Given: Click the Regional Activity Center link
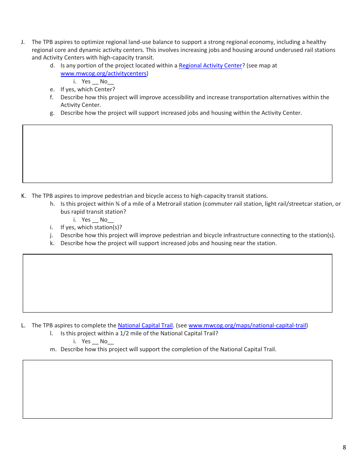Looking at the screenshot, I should click(210, 66).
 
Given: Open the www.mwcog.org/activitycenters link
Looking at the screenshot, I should click(103, 73).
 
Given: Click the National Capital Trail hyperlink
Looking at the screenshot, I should click(145, 325).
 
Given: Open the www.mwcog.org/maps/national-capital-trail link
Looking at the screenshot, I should click(247, 325).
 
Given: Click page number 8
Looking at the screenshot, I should click(344, 447).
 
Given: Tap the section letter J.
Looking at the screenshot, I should click(23, 42).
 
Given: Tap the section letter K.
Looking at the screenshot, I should click(23, 196).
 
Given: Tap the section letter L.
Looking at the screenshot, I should click(23, 325).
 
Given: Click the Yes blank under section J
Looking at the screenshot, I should click(95, 82).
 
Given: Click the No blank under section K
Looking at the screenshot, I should click(111, 220).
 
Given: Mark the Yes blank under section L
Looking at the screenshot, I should click(95, 342).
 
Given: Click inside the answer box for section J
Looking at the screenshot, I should click(177, 154).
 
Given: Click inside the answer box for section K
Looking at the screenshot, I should click(177, 283).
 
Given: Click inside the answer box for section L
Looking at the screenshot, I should click(177, 389).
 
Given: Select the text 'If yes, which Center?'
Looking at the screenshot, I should click(88, 89).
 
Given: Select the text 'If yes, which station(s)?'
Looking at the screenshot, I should click(91, 227).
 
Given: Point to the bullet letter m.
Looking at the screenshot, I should click(53, 349).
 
